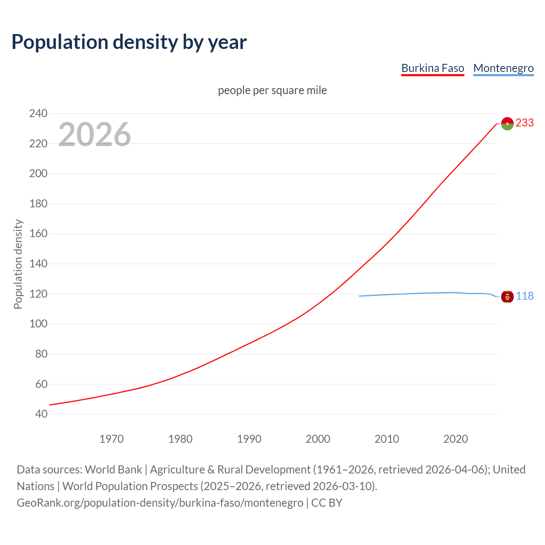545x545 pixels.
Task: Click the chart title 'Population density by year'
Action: (129, 42)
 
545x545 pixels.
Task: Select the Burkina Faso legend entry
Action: (433, 69)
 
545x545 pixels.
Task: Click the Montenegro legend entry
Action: (503, 69)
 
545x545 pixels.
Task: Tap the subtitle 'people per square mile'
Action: (272, 91)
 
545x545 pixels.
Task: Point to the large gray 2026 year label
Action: (95, 135)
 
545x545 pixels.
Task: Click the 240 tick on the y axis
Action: (38, 114)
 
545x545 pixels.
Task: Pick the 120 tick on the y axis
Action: (38, 294)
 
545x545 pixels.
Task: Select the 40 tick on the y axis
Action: (41, 414)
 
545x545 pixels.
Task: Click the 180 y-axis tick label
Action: (38, 204)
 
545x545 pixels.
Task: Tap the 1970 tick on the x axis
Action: (112, 439)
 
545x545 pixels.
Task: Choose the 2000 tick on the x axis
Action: (318, 439)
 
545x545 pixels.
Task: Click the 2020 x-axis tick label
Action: (456, 439)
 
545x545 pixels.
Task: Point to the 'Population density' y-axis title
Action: (18, 264)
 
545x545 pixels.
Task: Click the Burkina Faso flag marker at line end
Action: (507, 123)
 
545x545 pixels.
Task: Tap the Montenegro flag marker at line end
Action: (507, 296)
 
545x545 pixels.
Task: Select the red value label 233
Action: (525, 123)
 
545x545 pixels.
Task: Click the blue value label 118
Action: (525, 296)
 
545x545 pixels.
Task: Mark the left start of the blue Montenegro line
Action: (360, 296)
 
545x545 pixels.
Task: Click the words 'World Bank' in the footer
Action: (113, 470)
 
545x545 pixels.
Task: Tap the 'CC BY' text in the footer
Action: (327, 503)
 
